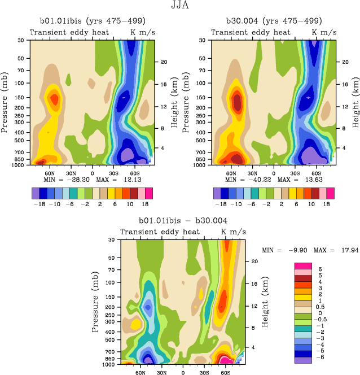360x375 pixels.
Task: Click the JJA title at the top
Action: pyautogui.click(x=179, y=6)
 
